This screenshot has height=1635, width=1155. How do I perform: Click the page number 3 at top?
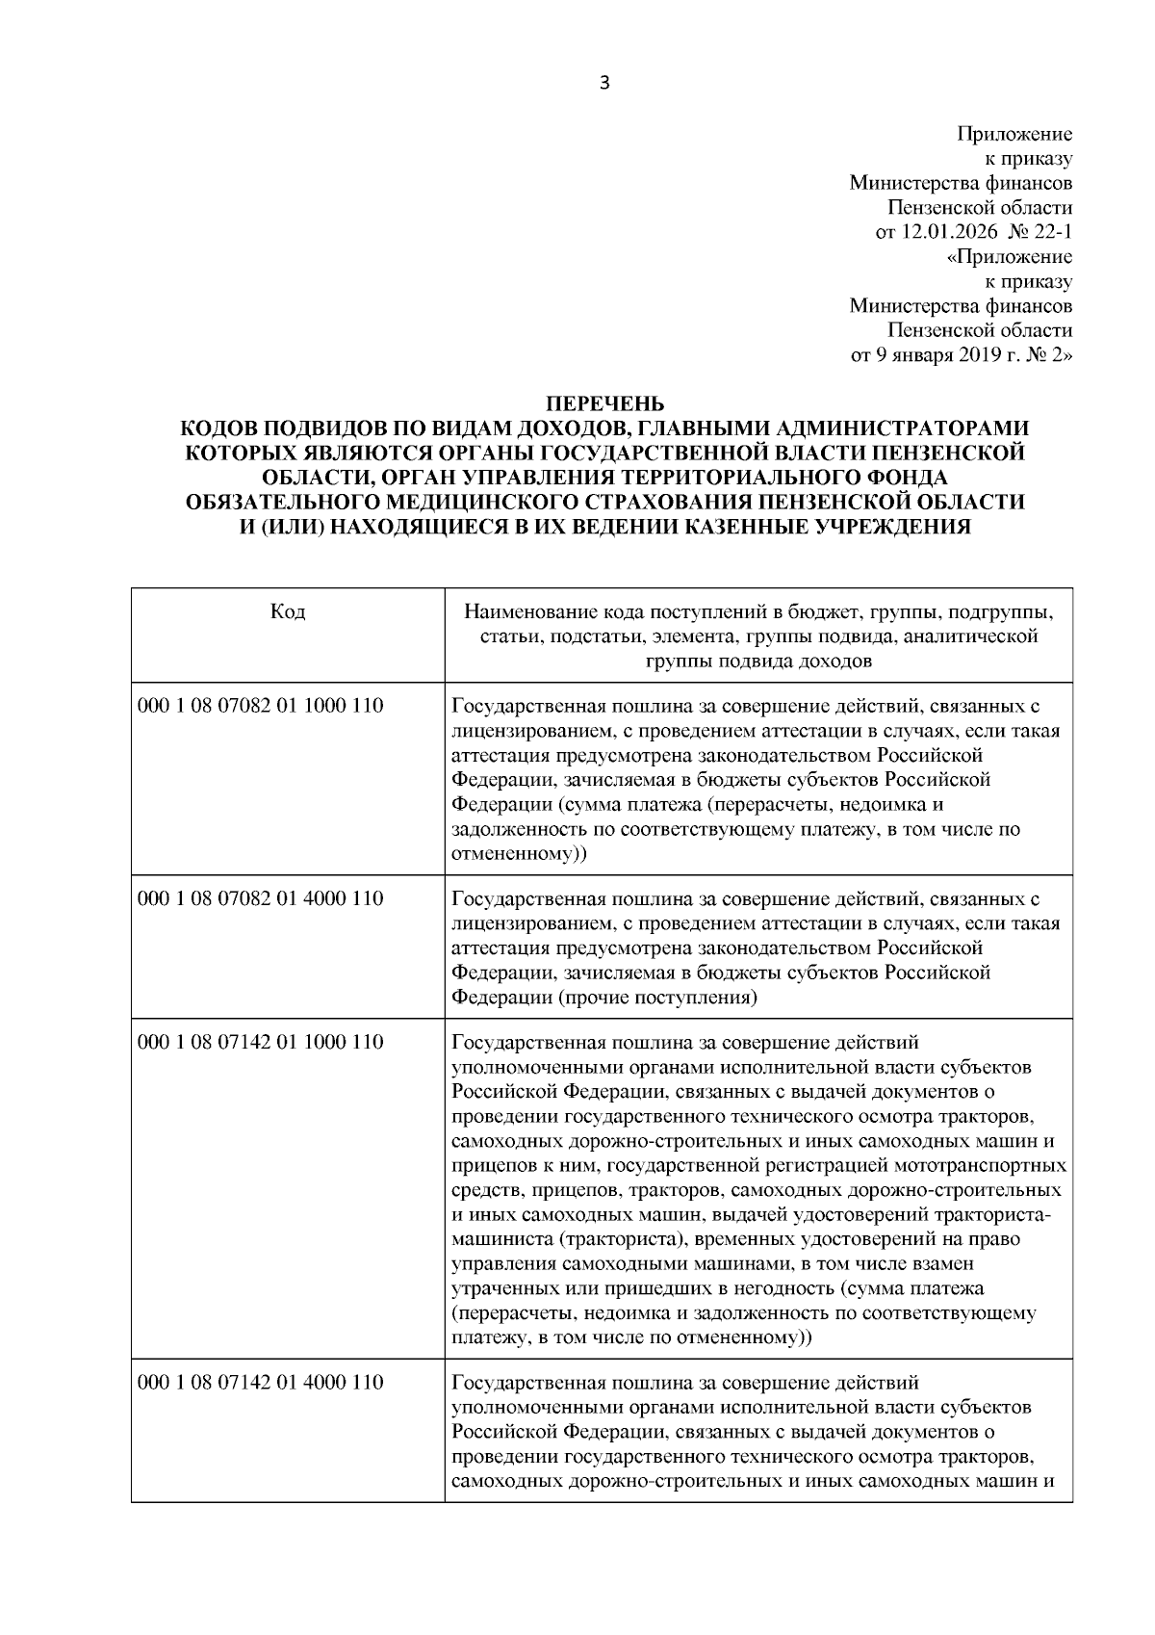pyautogui.click(x=603, y=83)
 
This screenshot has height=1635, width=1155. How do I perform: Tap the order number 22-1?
pyautogui.click(x=1052, y=232)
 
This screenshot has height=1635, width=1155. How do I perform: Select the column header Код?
pyautogui.click(x=288, y=612)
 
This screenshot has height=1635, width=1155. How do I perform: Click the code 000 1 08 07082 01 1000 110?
pyautogui.click(x=260, y=706)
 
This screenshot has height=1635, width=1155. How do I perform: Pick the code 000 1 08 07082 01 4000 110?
pyautogui.click(x=260, y=898)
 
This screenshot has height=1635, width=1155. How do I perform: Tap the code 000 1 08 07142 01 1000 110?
pyautogui.click(x=260, y=1042)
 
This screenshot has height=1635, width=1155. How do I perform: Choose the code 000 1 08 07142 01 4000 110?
pyautogui.click(x=260, y=1383)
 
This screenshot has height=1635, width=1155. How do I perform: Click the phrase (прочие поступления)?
pyautogui.click(x=658, y=998)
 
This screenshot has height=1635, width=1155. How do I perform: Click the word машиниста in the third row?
pyautogui.click(x=498, y=1238)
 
